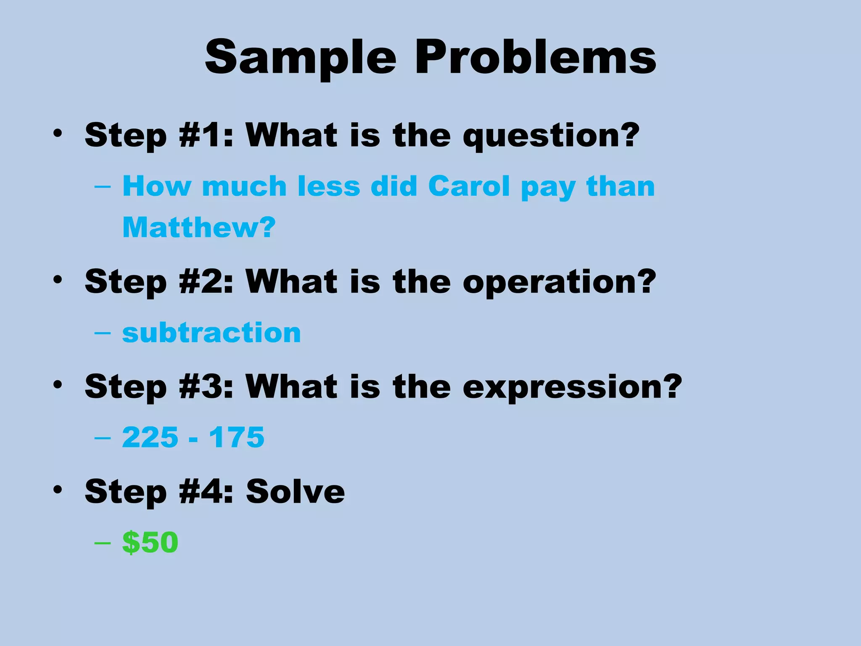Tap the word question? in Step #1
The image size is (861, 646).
click(551, 135)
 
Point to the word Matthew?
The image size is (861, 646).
click(199, 228)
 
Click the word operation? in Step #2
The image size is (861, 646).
click(559, 282)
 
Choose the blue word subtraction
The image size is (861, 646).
click(211, 333)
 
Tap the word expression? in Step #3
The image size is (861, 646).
click(572, 387)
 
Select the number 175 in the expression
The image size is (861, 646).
click(237, 437)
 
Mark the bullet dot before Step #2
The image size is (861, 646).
click(58, 280)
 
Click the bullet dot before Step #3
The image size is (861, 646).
click(58, 384)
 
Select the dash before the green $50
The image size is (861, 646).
click(103, 543)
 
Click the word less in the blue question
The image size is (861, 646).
click(329, 186)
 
